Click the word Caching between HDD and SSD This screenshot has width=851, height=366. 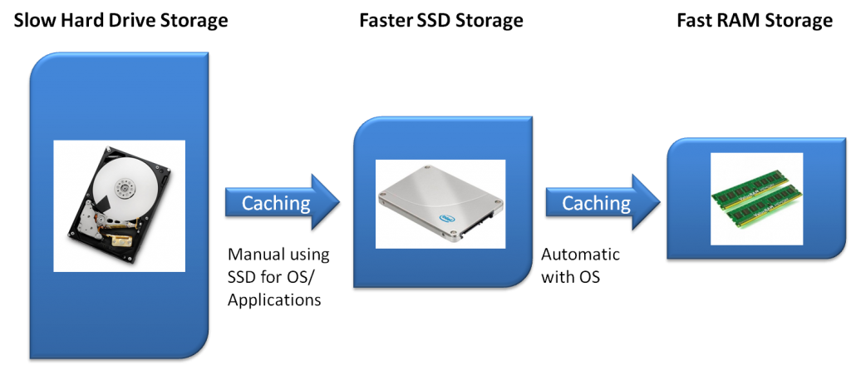point(276,202)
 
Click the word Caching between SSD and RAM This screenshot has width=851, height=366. point(596,202)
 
